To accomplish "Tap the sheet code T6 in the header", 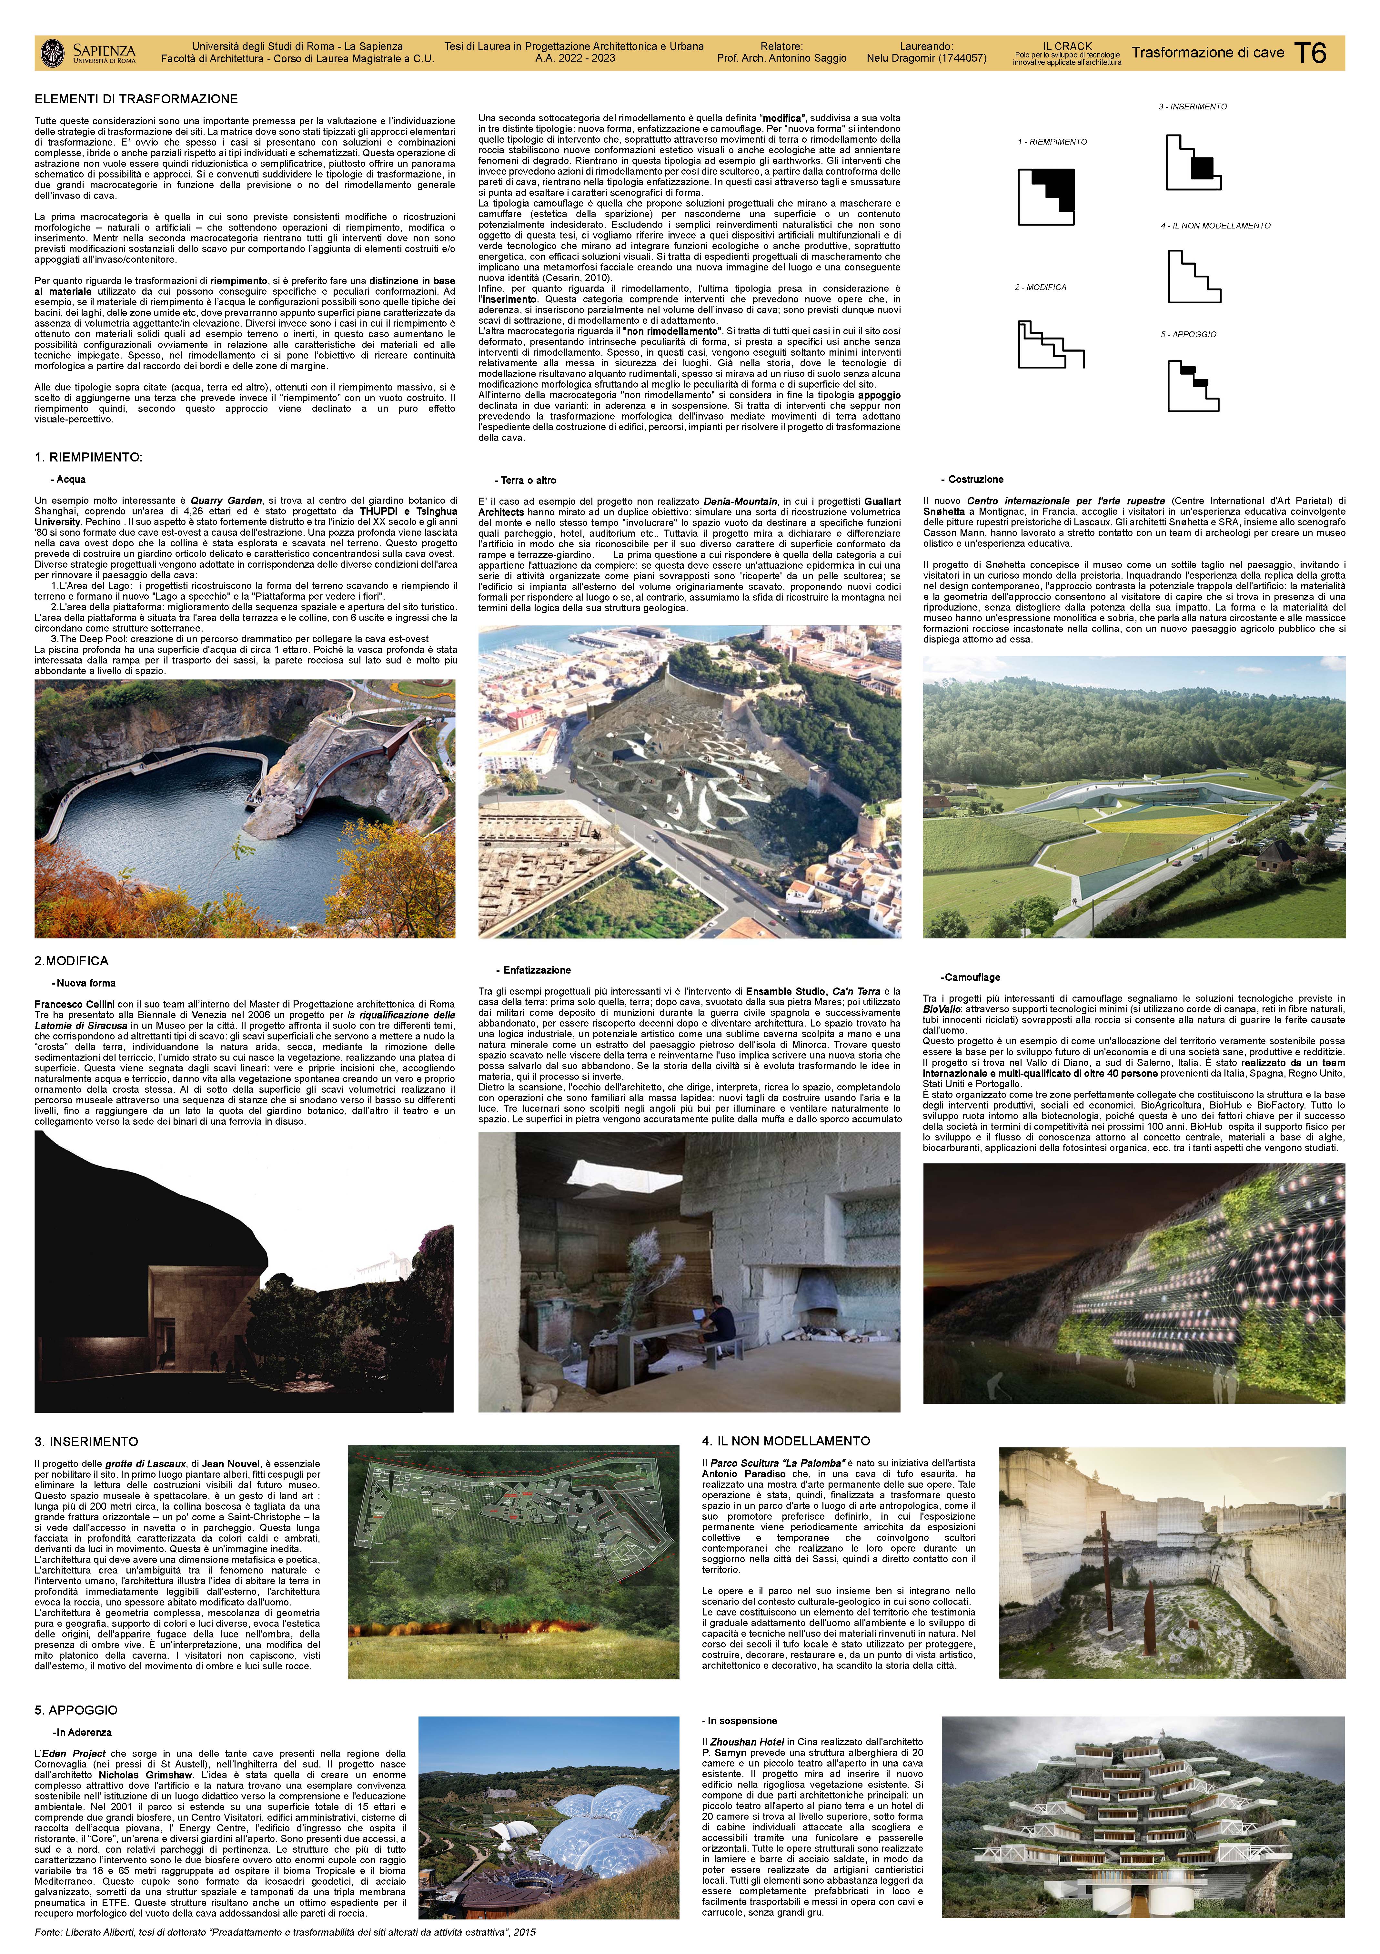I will click(x=1310, y=53).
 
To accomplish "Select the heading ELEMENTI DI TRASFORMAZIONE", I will click(x=136, y=99).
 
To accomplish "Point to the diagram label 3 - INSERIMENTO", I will click(x=1192, y=106).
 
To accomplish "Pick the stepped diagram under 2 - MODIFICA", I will click(x=1051, y=344).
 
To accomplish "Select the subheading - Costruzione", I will click(x=972, y=480).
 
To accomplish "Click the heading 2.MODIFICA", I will click(x=71, y=961).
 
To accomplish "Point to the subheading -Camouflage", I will click(x=970, y=977).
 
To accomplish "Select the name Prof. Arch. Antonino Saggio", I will click(x=781, y=59).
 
